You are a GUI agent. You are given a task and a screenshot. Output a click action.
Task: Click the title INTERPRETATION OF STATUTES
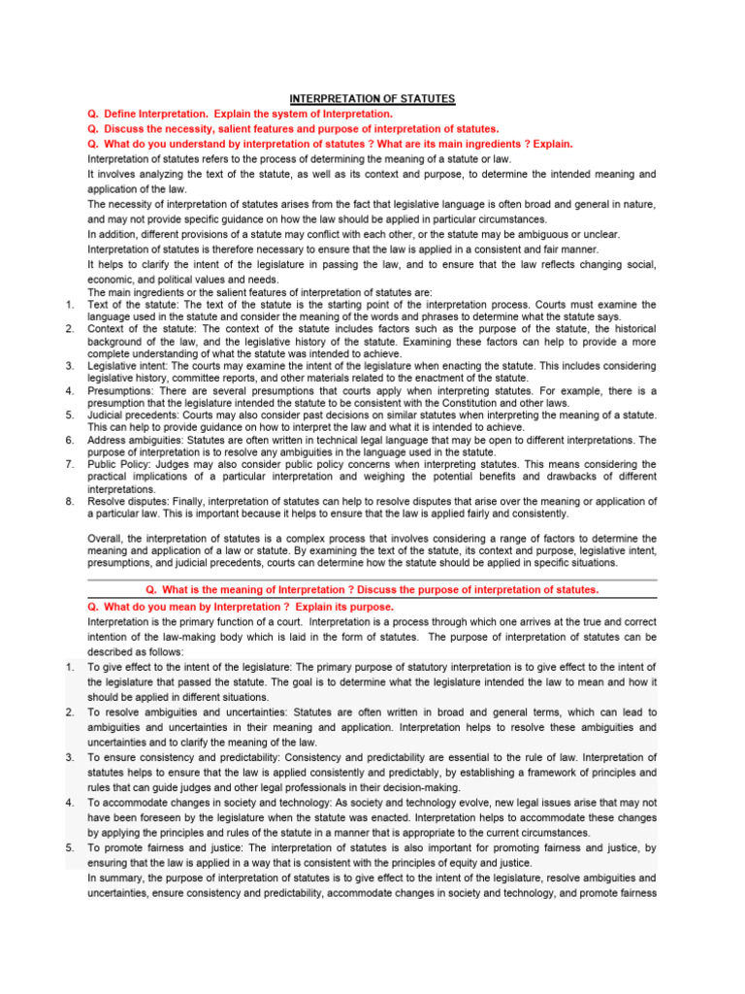[x=372, y=99]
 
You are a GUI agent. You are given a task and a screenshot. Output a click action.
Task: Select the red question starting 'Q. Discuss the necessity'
[x=293, y=128]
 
